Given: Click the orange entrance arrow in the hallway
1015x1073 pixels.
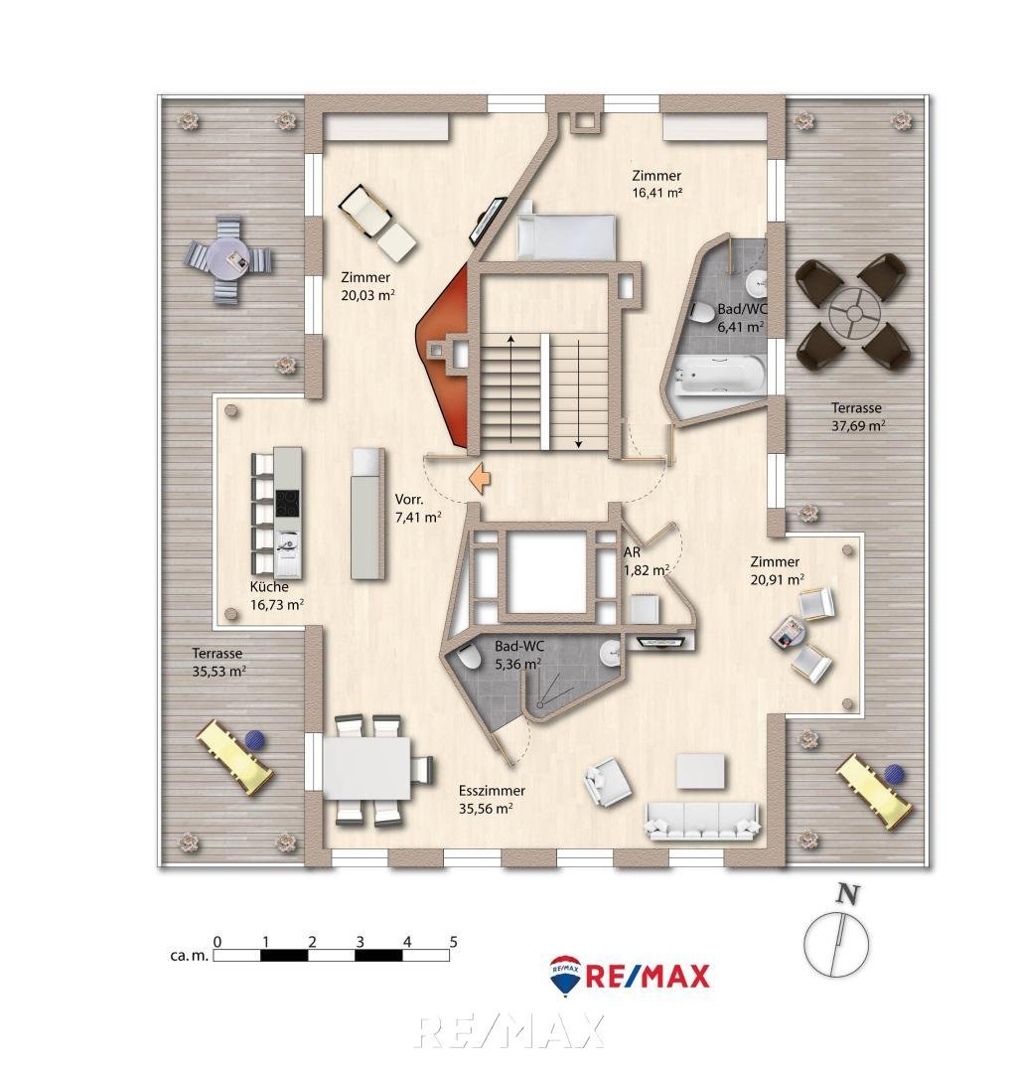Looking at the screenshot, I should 480,478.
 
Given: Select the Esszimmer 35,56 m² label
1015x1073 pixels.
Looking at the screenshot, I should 492,800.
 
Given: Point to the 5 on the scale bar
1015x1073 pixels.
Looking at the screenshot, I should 453,940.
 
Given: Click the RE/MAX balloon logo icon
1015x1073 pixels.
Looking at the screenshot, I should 566,976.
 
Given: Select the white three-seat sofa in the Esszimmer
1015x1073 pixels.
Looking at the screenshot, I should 703,817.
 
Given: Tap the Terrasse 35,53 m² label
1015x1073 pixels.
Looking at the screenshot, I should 218,662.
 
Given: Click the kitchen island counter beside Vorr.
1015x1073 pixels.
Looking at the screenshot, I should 366,514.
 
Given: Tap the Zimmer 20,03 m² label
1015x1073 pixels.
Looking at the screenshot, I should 364,286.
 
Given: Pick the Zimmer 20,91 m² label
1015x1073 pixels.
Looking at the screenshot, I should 777,570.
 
